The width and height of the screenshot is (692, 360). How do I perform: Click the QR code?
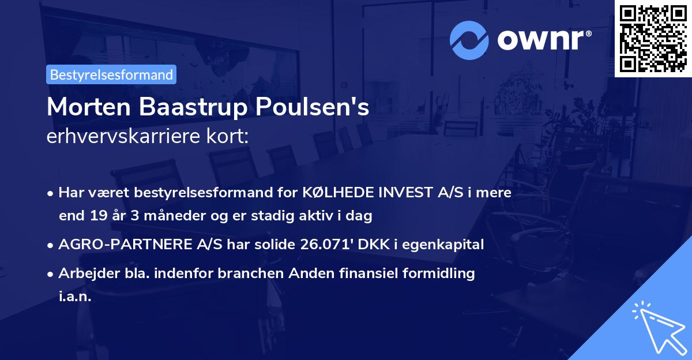click(653, 39)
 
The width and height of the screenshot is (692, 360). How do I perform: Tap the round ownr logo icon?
click(469, 39)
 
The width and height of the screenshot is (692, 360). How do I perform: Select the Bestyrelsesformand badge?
click(111, 74)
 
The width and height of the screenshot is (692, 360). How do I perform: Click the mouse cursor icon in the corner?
click(657, 326)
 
